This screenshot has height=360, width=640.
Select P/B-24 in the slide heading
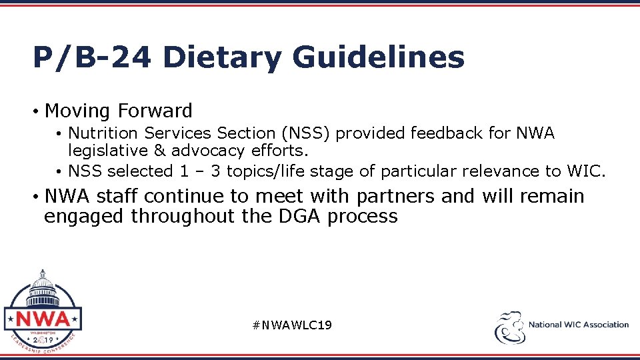point(91,57)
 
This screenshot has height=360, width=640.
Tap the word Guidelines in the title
point(378,57)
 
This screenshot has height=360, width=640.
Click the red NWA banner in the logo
point(43,318)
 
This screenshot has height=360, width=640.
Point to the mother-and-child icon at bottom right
point(508,327)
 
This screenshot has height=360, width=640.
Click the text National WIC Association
point(578,325)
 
